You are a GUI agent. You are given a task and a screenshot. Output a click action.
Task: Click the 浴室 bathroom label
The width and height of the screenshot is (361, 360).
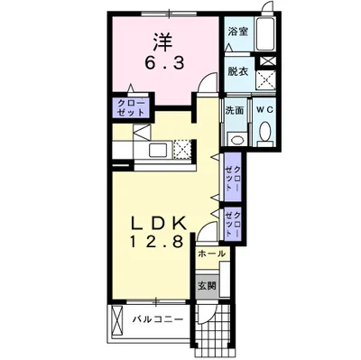tap(238, 32)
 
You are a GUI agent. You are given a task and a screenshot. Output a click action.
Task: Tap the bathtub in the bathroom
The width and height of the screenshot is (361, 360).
tap(264, 33)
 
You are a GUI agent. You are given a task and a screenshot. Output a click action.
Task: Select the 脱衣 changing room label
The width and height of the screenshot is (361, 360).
tap(237, 71)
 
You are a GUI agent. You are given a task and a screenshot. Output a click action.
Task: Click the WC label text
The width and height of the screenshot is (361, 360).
tap(264, 110)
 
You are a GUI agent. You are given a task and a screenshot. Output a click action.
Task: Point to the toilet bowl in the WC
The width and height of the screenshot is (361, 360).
tap(265, 133)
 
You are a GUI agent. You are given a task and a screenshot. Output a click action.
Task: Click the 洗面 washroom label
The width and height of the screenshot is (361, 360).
tap(235, 110)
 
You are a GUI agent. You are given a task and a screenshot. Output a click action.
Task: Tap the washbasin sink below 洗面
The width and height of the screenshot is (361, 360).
tap(236, 139)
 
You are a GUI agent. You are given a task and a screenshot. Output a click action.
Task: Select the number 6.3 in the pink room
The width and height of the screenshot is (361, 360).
tap(164, 63)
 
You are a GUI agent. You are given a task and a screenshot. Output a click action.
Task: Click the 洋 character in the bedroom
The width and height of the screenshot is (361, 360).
tap(163, 42)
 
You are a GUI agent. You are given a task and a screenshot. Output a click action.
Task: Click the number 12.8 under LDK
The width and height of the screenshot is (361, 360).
tap(156, 241)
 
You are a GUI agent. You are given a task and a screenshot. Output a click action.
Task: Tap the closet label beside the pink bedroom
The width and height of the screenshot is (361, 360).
tap(131, 107)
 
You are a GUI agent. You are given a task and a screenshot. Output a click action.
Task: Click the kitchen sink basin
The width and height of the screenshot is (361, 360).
tap(159, 150)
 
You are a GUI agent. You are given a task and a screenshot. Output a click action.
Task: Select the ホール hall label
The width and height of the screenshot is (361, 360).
tap(211, 254)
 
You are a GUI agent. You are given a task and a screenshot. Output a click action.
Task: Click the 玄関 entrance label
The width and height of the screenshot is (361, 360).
tap(207, 286)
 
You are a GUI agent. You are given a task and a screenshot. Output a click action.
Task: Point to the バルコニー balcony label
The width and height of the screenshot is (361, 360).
tap(158, 319)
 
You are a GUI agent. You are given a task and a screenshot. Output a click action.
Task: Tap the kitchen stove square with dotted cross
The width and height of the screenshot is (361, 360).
tap(182, 149)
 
